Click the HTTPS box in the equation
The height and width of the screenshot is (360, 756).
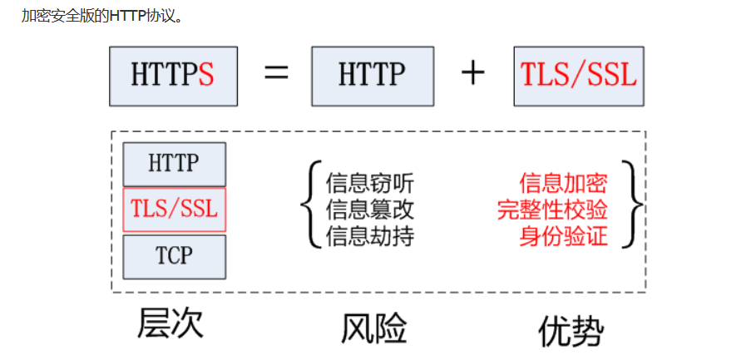point(173,76)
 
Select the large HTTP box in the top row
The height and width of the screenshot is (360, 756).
point(373,76)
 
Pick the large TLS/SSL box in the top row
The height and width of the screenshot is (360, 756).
point(579,76)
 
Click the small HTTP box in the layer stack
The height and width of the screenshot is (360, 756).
point(174,164)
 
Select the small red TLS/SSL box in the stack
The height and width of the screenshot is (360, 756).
point(174,209)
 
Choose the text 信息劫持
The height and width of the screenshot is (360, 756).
point(369,236)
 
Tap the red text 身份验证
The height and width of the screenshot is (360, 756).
point(563,236)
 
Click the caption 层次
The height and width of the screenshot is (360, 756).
point(170,323)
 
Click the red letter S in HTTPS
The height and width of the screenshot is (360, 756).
point(206,76)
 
